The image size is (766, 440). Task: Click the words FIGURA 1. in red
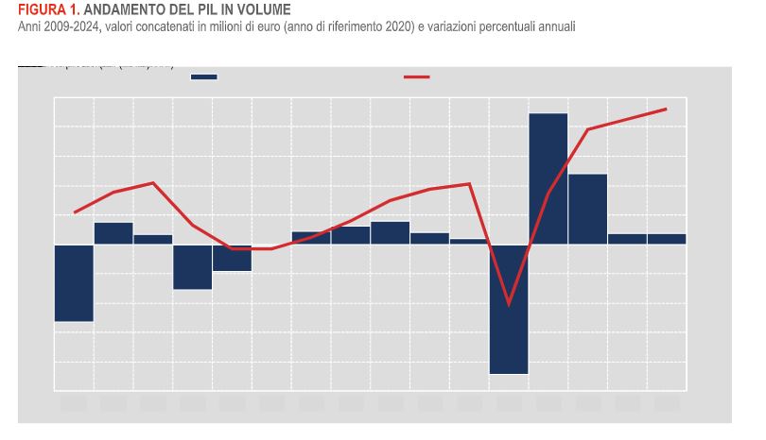[42, 10]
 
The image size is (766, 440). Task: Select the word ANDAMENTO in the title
[113, 10]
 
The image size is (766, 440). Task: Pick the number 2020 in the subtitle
[396, 25]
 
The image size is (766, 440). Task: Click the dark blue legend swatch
[204, 76]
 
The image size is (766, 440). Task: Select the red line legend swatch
[417, 76]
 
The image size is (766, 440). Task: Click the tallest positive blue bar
[548, 178]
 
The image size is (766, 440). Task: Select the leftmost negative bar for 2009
[74, 282]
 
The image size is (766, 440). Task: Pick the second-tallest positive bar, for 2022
[587, 209]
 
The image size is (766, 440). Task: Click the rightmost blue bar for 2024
[667, 239]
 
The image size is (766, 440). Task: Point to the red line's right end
[667, 109]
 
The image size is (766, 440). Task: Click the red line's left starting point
[74, 212]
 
